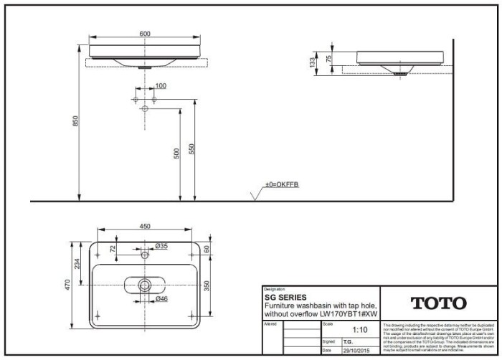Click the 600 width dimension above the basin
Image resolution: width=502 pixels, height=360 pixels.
(x=145, y=34)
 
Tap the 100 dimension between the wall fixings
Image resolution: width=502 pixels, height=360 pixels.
(x=161, y=86)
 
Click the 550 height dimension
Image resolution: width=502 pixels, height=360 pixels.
(x=191, y=148)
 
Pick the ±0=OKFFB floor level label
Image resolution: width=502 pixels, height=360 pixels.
(x=282, y=185)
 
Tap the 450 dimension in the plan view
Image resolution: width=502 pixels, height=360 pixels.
(x=145, y=227)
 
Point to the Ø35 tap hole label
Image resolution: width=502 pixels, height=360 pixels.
(x=161, y=246)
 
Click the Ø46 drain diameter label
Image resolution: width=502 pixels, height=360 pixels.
(x=161, y=298)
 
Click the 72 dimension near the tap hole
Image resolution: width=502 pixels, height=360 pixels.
(x=112, y=248)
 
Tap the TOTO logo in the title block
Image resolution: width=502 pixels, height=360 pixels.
(x=437, y=303)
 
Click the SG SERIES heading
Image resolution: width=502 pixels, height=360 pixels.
(x=285, y=296)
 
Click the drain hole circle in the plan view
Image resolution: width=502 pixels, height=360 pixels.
(x=145, y=285)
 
